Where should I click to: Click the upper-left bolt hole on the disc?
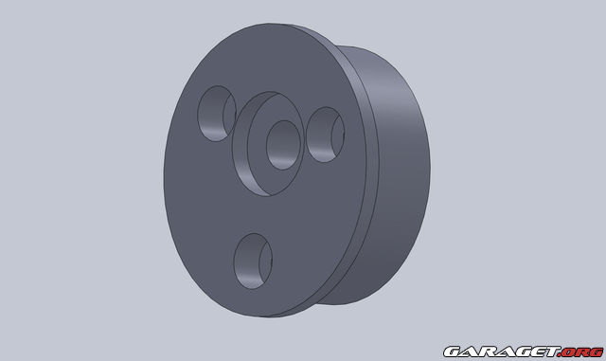(217, 114)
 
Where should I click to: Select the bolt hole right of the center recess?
(325, 135)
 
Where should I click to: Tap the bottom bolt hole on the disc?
(253, 261)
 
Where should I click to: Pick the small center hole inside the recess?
(283, 145)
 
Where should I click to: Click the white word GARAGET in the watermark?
(502, 352)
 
